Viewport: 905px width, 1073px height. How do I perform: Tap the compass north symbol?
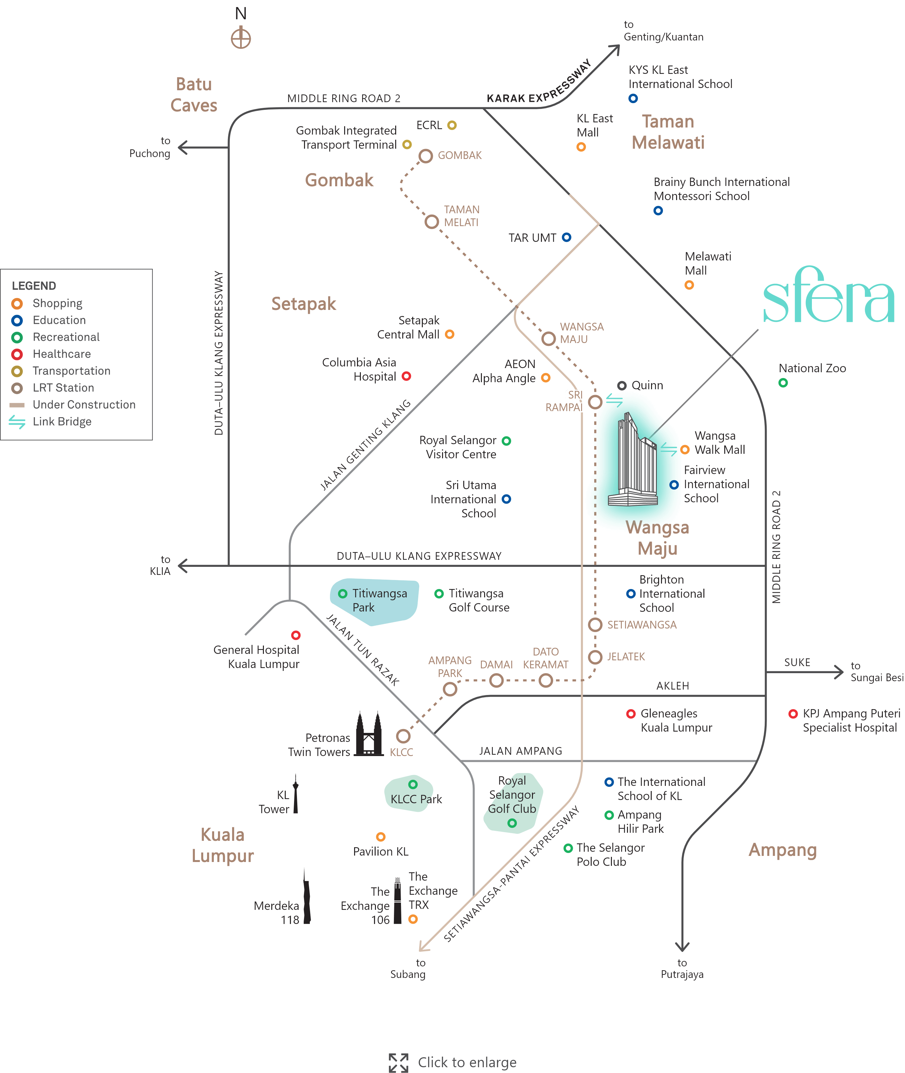pos(240,38)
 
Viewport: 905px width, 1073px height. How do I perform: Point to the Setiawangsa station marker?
pos(595,625)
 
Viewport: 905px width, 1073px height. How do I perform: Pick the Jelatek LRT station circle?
pos(595,657)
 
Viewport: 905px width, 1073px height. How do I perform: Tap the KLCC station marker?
pos(403,736)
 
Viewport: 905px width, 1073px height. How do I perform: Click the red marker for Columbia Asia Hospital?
pos(406,376)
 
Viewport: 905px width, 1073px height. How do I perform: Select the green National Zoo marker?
pos(783,383)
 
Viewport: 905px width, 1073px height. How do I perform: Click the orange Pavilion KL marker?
pos(381,837)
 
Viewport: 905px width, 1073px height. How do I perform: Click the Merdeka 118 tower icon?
pos(306,898)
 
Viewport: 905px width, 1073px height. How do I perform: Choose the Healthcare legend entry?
pos(62,354)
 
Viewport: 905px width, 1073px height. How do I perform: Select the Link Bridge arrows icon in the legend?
pos(17,422)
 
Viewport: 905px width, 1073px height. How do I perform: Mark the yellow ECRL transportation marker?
pos(451,125)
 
